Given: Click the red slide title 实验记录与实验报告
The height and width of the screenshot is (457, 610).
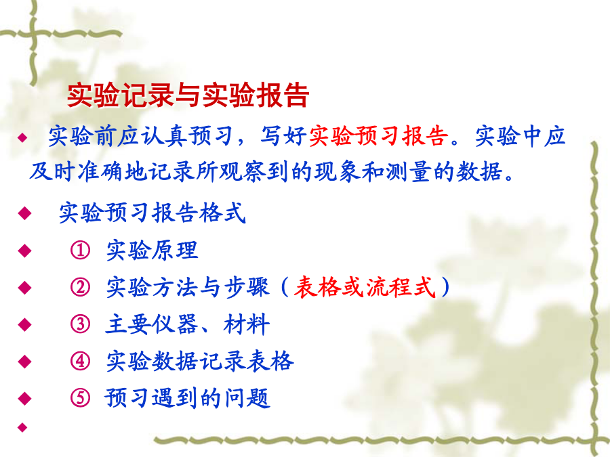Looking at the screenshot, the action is coord(188,95).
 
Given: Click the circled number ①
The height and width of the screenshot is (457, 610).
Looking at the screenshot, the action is coord(80,251).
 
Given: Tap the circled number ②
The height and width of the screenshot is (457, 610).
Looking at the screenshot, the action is coord(80,287).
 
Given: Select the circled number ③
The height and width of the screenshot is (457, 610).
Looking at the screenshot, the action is coord(80,324).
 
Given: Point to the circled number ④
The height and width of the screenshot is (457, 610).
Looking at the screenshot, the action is coord(80,361).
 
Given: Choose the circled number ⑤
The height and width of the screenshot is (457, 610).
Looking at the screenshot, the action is coord(80,398).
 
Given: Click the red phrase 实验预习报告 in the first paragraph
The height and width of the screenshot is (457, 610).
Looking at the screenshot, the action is coord(378,136).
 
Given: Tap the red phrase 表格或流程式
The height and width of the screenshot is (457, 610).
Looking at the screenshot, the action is coord(364,287).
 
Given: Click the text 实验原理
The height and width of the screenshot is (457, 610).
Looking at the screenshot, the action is coord(152,251).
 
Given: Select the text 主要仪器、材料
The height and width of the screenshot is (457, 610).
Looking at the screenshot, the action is coord(188,324).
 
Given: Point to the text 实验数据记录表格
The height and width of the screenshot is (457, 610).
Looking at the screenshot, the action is coord(199,361).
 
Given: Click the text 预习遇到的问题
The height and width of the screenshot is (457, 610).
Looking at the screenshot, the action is coord(187,398).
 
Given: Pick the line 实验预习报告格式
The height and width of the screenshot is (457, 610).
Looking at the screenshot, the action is coord(152,213).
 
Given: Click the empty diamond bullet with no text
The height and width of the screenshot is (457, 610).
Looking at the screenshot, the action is coord(22,427).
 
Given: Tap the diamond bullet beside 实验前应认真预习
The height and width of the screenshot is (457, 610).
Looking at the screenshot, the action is coord(22,137).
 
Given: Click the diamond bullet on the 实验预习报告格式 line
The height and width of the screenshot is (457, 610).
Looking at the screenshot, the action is coord(24,213).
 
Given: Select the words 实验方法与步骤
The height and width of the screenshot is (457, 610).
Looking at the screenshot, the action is coord(188,287).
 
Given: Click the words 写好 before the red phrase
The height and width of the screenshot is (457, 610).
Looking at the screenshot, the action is coord(283,136).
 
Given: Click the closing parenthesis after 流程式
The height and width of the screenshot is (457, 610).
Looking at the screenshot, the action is coord(445,287).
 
